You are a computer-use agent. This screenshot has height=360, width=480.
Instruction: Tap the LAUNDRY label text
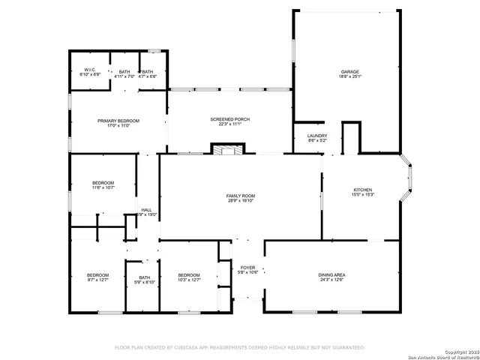(317, 136)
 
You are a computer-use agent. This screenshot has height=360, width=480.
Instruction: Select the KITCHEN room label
(363, 190)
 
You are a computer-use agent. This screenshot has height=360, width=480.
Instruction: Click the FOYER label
(247, 267)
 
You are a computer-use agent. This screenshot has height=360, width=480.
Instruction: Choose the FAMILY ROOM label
(241, 196)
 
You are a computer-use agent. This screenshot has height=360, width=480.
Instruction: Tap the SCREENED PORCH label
(230, 119)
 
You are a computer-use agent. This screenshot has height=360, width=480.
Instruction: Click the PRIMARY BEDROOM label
(118, 120)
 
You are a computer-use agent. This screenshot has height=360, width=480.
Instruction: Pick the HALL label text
(146, 209)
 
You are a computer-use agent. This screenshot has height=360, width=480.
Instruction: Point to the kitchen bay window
(409, 180)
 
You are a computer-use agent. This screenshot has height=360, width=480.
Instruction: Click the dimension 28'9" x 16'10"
(241, 201)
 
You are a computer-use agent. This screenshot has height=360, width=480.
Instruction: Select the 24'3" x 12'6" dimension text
(331, 280)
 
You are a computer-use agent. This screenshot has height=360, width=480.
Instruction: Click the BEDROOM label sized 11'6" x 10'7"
(103, 183)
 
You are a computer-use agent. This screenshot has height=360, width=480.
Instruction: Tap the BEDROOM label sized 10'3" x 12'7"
(188, 275)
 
